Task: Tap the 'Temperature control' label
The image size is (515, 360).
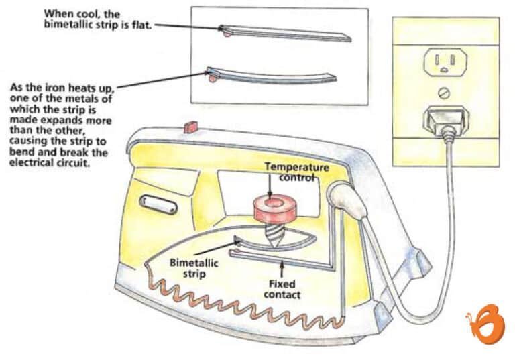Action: tap(295, 172)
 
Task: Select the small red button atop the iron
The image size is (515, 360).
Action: tap(188, 125)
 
